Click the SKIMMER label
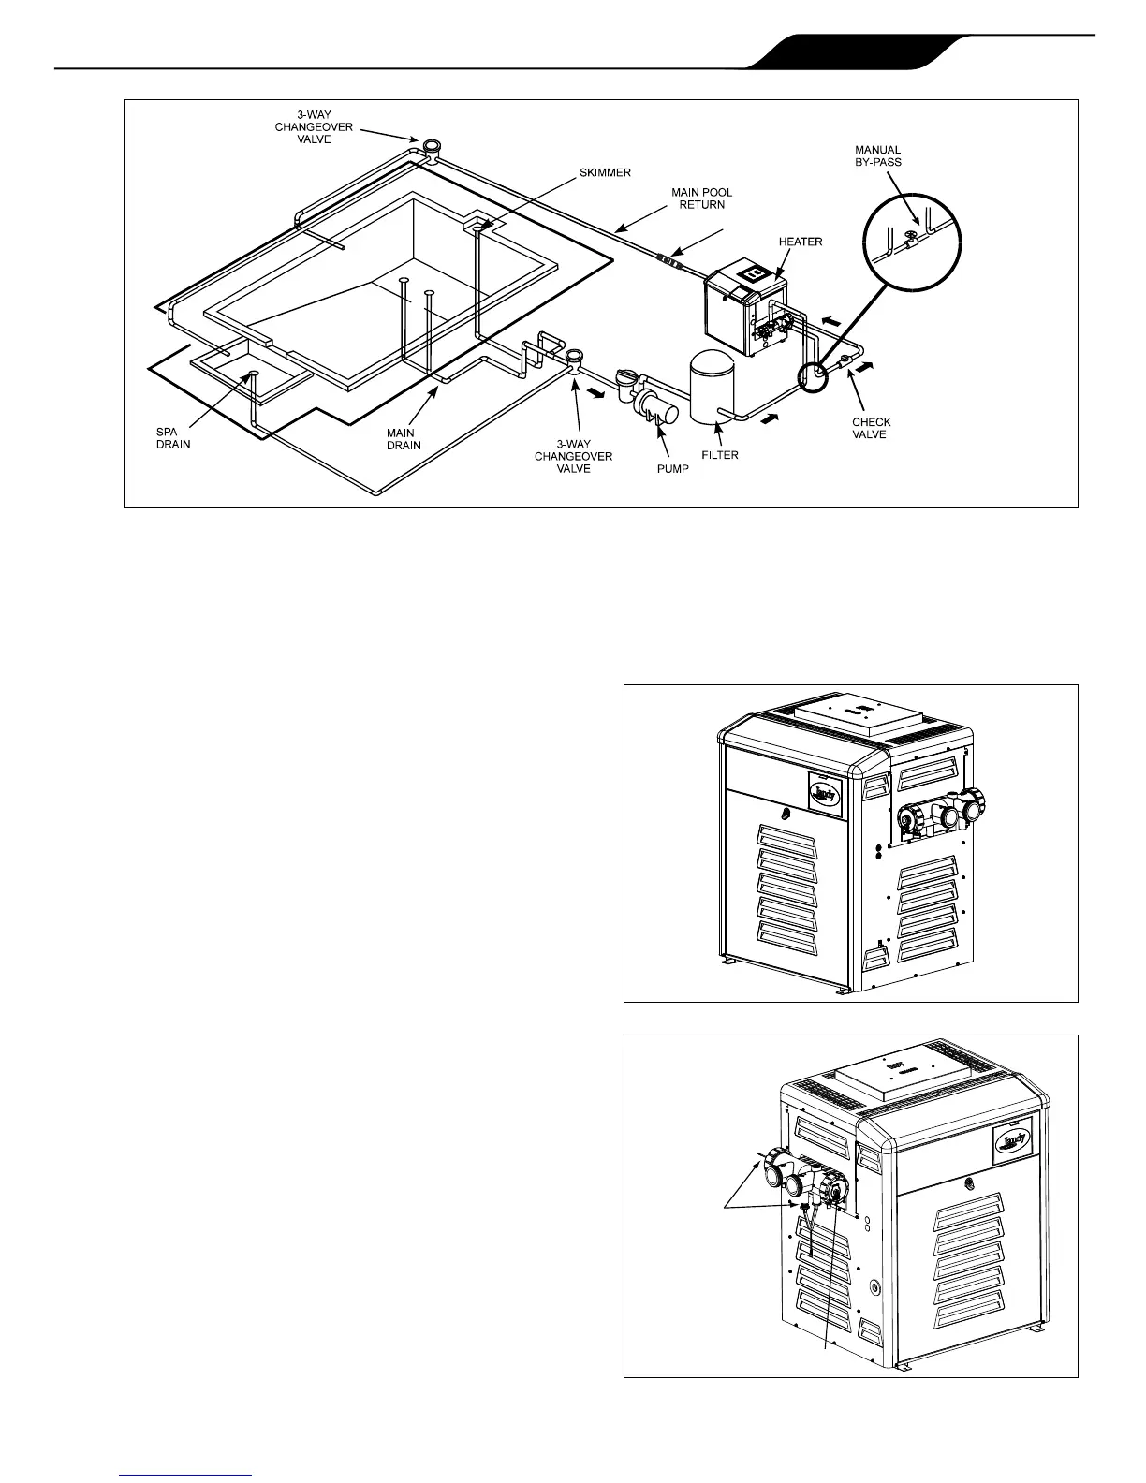pos(605,173)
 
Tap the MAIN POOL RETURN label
pos(701,198)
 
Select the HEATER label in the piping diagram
pos(801,242)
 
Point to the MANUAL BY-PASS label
pos(877,155)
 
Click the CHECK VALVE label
pos(871,428)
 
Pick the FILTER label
pos(720,455)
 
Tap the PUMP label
pos(672,468)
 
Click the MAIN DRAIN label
pos(404,439)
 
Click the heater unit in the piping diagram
pos(743,309)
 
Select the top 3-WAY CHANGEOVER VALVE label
pos(314,127)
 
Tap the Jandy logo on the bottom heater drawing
pos(1011,1140)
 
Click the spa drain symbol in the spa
pos(253,375)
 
